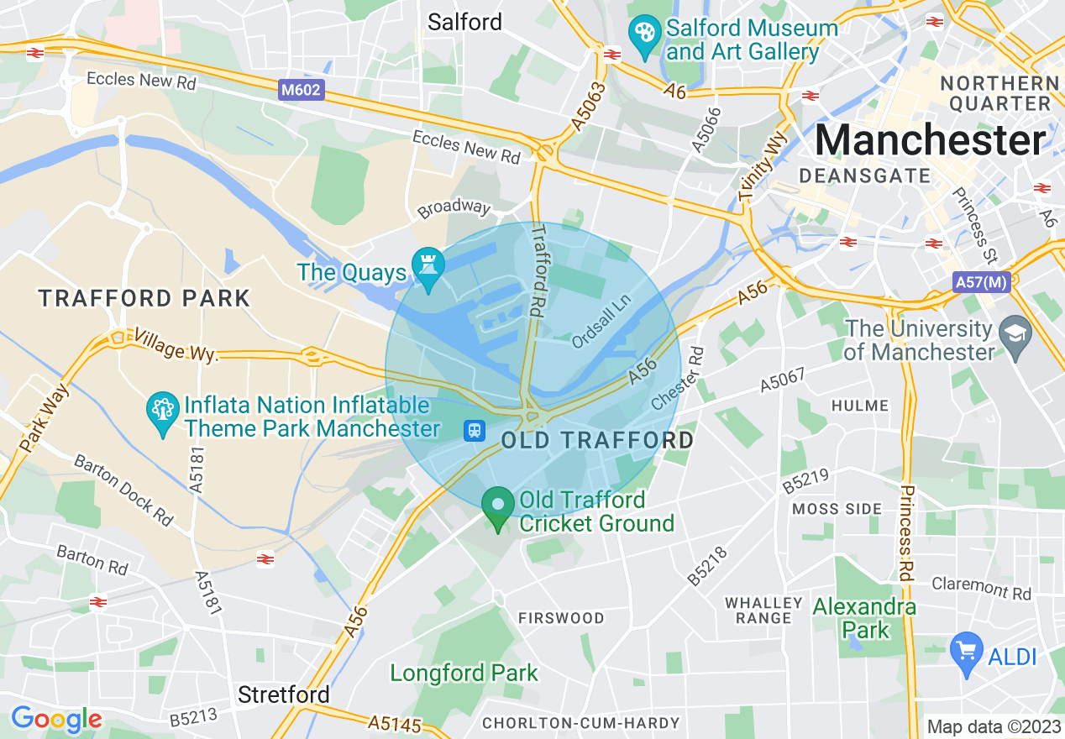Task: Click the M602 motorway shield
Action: point(301,89)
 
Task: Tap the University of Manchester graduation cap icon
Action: point(1016,338)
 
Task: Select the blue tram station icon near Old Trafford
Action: point(475,431)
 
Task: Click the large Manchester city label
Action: point(931,139)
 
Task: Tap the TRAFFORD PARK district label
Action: point(144,298)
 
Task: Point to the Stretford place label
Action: point(283,694)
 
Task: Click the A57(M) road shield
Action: point(981,282)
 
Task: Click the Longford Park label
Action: point(464,673)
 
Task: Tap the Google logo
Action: point(56,719)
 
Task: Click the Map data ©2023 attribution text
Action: point(992,726)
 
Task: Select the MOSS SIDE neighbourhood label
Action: point(837,508)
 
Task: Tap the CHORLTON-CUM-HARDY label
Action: point(580,723)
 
